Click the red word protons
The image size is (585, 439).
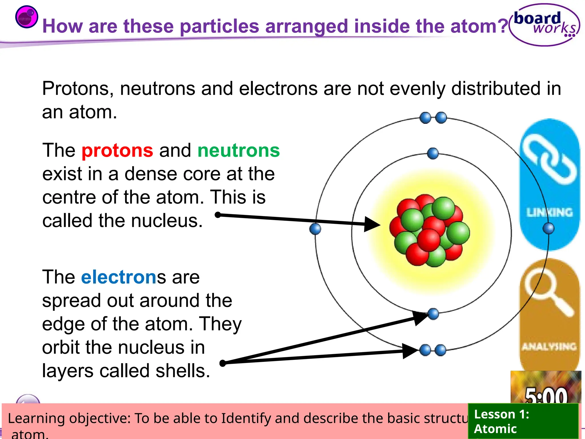[x=117, y=151]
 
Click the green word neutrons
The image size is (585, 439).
[x=239, y=151]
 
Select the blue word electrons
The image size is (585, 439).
[x=119, y=277]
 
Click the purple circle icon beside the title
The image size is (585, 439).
[x=27, y=17]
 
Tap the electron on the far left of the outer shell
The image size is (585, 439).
[x=315, y=229]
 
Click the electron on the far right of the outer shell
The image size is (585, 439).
[x=548, y=228]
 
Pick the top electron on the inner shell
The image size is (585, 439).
[x=433, y=153]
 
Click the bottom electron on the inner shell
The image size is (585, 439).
[x=433, y=314]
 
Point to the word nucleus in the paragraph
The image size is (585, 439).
[x=166, y=221]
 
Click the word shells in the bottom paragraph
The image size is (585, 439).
[x=183, y=371]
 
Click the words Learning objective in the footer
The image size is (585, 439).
[x=69, y=418]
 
